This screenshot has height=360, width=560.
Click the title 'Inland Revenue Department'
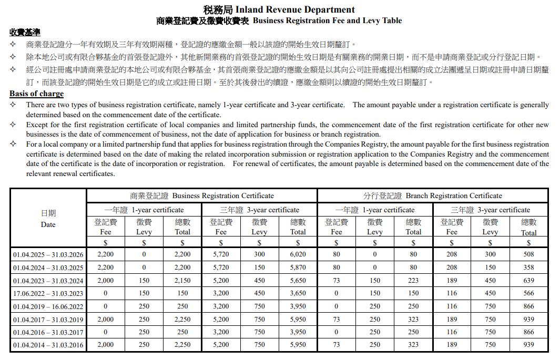click(x=295, y=9)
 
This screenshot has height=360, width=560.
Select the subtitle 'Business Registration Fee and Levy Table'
click(x=327, y=21)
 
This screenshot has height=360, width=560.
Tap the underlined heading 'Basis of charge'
click(x=36, y=94)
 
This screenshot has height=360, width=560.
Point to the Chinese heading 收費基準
click(x=25, y=32)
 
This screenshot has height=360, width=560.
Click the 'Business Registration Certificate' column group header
click(x=202, y=196)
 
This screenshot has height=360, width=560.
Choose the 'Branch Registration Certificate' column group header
click(x=432, y=196)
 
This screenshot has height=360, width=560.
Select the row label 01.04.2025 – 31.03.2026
click(x=48, y=254)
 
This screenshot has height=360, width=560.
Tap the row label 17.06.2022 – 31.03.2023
click(x=48, y=293)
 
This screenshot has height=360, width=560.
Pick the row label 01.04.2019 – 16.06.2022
click(x=48, y=306)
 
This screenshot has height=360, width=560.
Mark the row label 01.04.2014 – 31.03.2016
click(x=48, y=345)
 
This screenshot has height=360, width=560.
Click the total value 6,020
click(x=298, y=254)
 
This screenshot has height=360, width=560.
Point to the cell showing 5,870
click(x=298, y=268)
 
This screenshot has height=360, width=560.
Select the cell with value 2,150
click(x=182, y=281)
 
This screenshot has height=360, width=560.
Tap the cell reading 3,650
click(x=298, y=293)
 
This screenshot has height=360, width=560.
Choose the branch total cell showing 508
click(x=528, y=254)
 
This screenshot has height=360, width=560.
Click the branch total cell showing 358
click(x=528, y=268)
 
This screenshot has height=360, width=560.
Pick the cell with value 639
click(x=528, y=281)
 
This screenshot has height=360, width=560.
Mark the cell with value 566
click(x=528, y=293)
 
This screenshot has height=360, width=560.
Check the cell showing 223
click(x=413, y=281)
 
